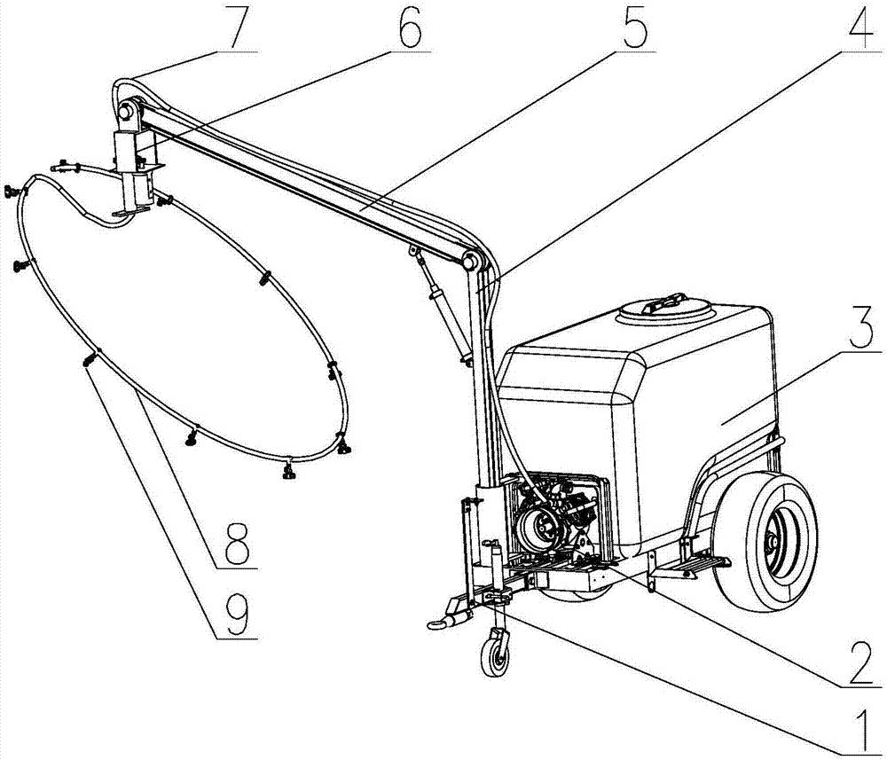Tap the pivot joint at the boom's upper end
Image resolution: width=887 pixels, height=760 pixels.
point(126,110)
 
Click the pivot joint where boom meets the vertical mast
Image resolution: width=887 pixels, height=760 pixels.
point(473,262)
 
